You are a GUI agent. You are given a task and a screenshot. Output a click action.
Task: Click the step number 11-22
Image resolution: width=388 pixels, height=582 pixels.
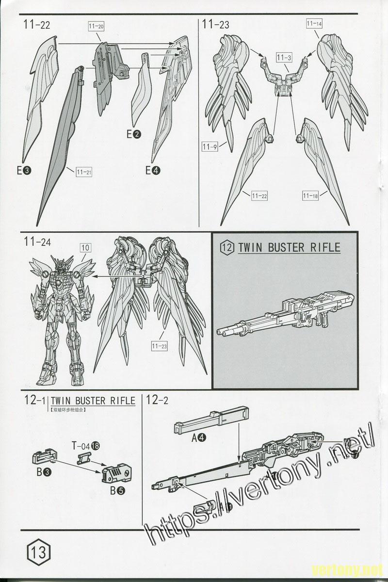37,25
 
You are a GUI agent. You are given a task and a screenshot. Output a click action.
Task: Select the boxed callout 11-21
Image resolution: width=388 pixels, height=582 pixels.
84,172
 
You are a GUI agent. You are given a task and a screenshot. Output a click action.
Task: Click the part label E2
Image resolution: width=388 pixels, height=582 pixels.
133,134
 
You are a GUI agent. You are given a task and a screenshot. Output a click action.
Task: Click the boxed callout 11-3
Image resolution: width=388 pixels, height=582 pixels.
284,58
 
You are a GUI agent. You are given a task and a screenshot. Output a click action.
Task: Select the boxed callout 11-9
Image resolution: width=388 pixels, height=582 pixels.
210,146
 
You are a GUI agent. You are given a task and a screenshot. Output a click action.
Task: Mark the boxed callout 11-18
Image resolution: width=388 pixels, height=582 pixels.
310,195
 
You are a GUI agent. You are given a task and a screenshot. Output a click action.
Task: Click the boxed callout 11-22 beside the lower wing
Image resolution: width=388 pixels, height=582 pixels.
259,195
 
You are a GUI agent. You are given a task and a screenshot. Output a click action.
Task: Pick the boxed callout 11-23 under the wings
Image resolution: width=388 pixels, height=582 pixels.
159,346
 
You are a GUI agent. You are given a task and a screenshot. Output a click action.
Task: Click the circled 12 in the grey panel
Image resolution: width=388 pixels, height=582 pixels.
226,247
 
